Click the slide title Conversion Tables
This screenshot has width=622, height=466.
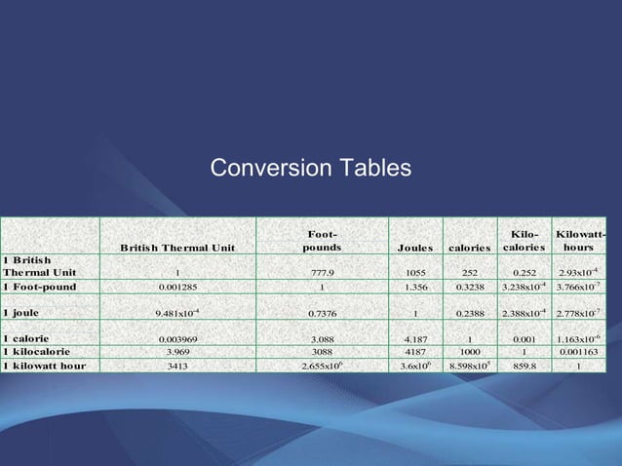tap(310, 169)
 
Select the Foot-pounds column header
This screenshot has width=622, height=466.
tap(322, 241)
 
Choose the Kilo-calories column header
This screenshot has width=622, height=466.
tap(525, 241)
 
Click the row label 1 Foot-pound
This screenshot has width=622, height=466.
tap(40, 287)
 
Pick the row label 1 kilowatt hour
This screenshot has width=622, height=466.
tap(44, 366)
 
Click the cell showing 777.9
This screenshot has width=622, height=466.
tap(322, 273)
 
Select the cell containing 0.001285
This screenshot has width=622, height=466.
tap(176, 288)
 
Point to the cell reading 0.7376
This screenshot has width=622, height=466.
tap(322, 313)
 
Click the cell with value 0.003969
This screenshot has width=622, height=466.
tap(176, 338)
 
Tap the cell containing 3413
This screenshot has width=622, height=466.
tap(176, 366)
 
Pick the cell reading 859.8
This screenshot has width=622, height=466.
tap(525, 366)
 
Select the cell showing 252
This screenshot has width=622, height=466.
tap(469, 273)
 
